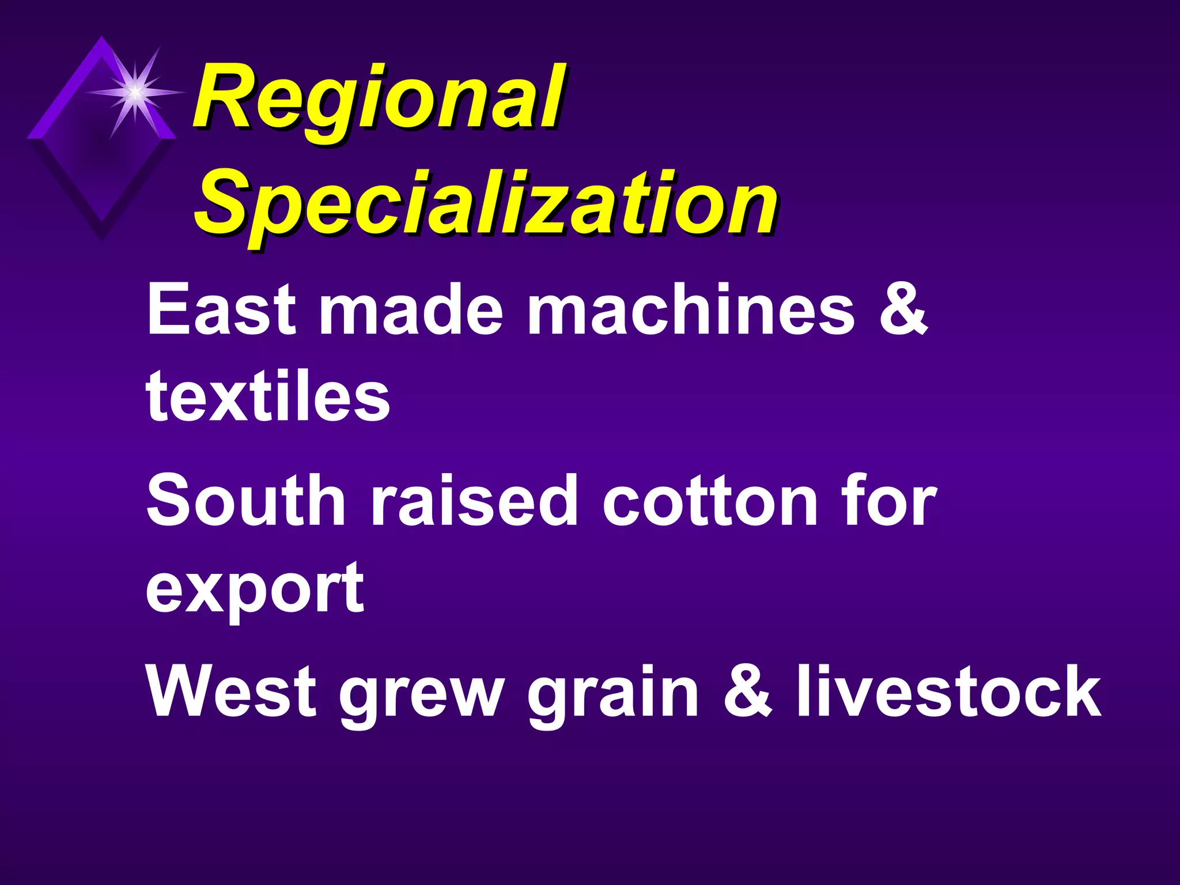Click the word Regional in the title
[x=377, y=98]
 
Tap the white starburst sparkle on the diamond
[x=134, y=92]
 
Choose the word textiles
[x=268, y=396]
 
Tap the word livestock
[x=948, y=691]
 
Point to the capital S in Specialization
[x=222, y=205]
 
